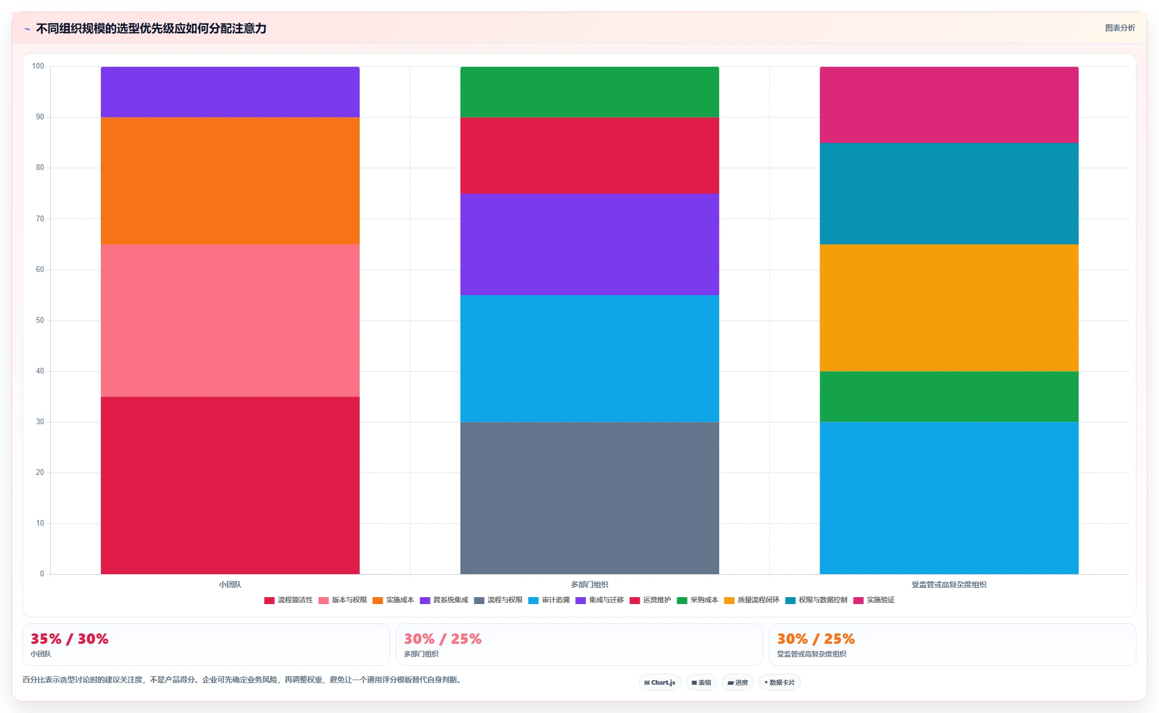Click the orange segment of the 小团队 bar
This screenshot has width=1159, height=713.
(230, 181)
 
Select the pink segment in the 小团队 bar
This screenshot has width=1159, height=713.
(230, 320)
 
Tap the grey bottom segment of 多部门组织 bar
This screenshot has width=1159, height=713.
(590, 498)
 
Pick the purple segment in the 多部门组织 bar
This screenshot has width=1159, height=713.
(590, 244)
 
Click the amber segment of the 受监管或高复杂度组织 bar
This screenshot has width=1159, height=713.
(949, 308)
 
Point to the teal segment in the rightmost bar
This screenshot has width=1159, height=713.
(949, 194)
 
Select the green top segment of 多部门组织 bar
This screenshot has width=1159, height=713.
(590, 92)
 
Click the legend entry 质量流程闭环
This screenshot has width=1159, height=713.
(752, 600)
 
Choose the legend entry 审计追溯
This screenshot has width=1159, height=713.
(549, 600)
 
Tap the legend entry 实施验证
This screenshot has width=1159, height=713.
(874, 600)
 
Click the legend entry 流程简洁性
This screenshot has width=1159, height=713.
(288, 600)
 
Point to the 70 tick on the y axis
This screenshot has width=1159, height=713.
(40, 219)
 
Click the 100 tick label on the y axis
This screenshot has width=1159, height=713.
(38, 66)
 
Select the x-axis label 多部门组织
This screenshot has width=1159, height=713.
(590, 584)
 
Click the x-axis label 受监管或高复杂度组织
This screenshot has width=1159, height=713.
(949, 584)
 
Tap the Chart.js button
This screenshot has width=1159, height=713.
(660, 682)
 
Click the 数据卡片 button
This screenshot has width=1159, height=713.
(780, 682)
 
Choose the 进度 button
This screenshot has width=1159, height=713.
(738, 682)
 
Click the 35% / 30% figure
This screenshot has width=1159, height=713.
(70, 639)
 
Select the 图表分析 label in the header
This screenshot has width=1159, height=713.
(1120, 28)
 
